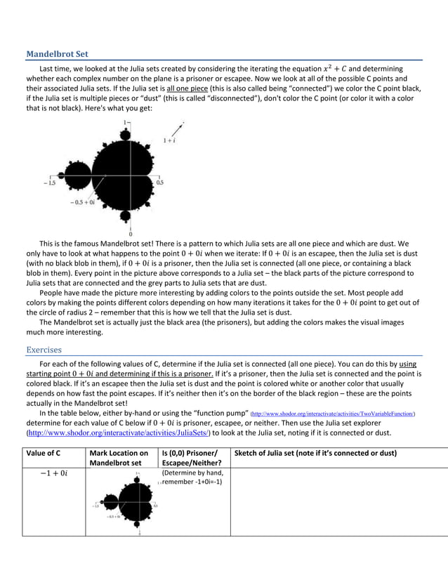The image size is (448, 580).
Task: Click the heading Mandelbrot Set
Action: click(x=57, y=54)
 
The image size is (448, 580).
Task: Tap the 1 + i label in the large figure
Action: click(x=169, y=140)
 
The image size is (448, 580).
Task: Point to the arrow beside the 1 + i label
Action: click(x=176, y=130)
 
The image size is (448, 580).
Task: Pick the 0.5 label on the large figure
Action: click(x=160, y=182)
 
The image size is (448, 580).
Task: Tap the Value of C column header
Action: click(x=44, y=453)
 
